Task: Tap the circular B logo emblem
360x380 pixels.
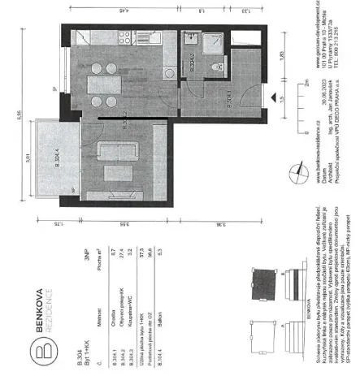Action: tap(44, 330)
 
